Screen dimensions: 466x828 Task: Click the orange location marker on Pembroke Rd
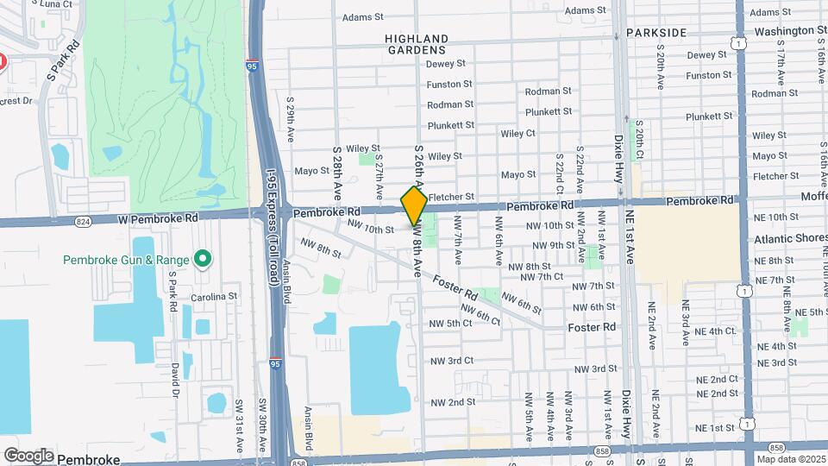click(x=414, y=205)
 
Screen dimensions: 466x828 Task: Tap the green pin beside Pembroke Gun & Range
click(x=203, y=259)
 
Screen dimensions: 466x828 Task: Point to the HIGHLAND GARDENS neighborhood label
click(x=417, y=44)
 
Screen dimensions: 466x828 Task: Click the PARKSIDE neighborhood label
click(x=656, y=33)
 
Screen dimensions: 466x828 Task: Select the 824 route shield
click(x=82, y=222)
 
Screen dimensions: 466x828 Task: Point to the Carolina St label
click(x=214, y=296)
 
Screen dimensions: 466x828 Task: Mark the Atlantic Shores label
click(x=789, y=238)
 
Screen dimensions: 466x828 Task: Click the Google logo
click(x=29, y=455)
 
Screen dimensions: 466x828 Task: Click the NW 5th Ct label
click(x=450, y=324)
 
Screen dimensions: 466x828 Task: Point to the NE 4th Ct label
click(x=712, y=331)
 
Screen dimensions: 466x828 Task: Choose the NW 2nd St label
click(x=453, y=402)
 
